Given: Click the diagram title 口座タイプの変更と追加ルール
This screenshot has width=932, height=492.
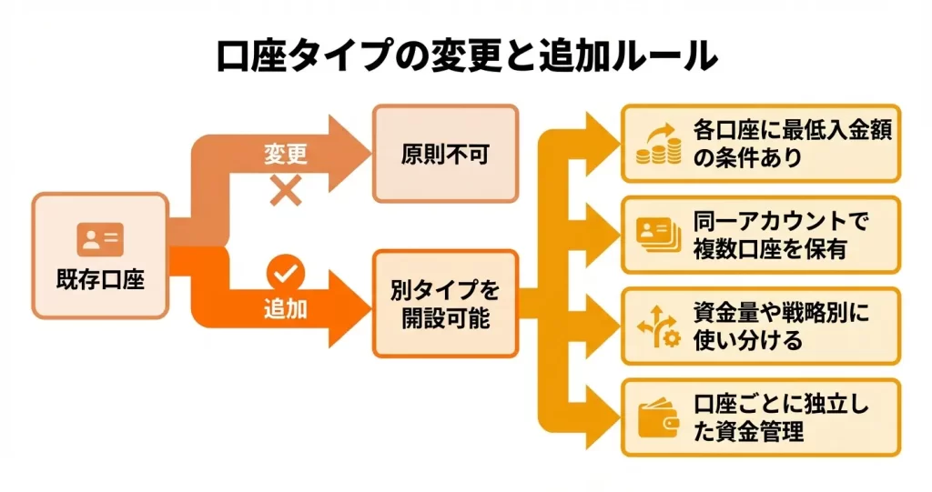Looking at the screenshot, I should [466, 56].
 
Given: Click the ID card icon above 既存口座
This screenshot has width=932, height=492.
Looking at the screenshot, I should [100, 239].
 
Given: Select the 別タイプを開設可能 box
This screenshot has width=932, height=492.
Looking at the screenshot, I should [445, 305].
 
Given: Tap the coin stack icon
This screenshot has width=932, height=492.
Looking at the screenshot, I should [658, 144].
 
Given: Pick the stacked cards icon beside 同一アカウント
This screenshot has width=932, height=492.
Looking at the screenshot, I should [658, 235].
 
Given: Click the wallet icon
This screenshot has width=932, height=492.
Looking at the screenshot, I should [658, 417].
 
